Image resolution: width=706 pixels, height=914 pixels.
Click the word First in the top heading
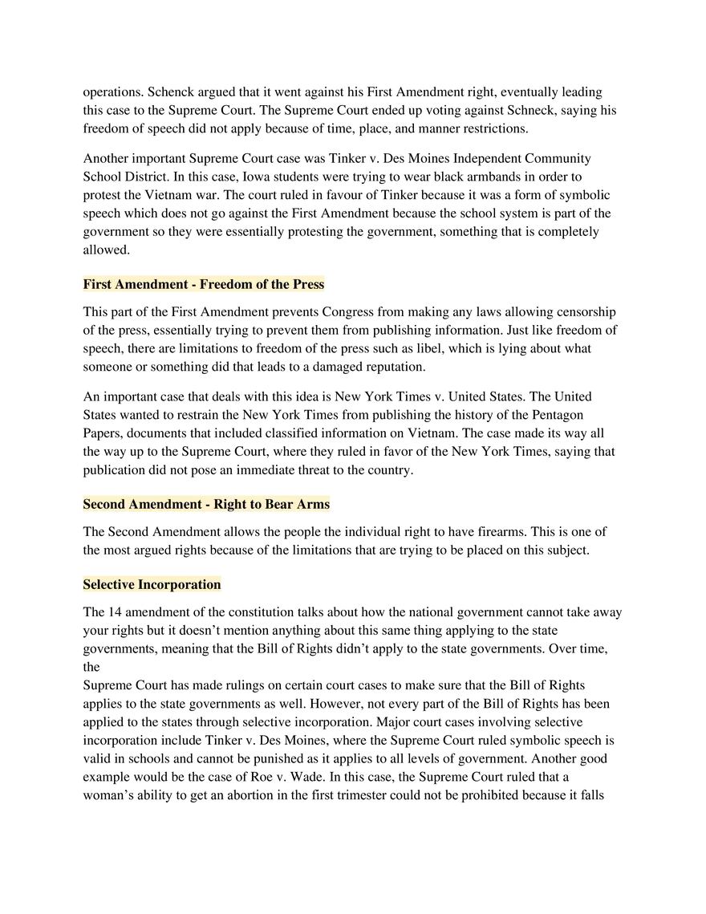97,284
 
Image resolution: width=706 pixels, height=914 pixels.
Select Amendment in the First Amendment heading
151,284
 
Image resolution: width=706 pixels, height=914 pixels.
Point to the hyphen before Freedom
193,285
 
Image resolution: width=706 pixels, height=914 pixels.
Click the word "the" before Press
280,284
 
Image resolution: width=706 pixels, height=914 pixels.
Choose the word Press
309,284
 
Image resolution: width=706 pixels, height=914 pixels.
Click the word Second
103,504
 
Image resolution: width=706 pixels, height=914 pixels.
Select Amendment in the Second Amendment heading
165,504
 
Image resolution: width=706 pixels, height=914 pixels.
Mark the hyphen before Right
208,505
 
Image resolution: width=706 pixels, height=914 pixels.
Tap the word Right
230,504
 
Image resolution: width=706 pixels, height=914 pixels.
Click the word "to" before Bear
256,504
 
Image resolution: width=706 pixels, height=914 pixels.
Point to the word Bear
279,504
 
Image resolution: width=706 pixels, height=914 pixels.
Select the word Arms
313,504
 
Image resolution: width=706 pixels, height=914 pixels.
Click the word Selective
108,584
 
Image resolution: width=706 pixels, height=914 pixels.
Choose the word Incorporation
179,584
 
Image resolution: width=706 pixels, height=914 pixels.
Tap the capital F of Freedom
204,284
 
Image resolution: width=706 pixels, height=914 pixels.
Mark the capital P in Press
297,284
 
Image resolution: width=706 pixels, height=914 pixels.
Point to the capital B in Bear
270,504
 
